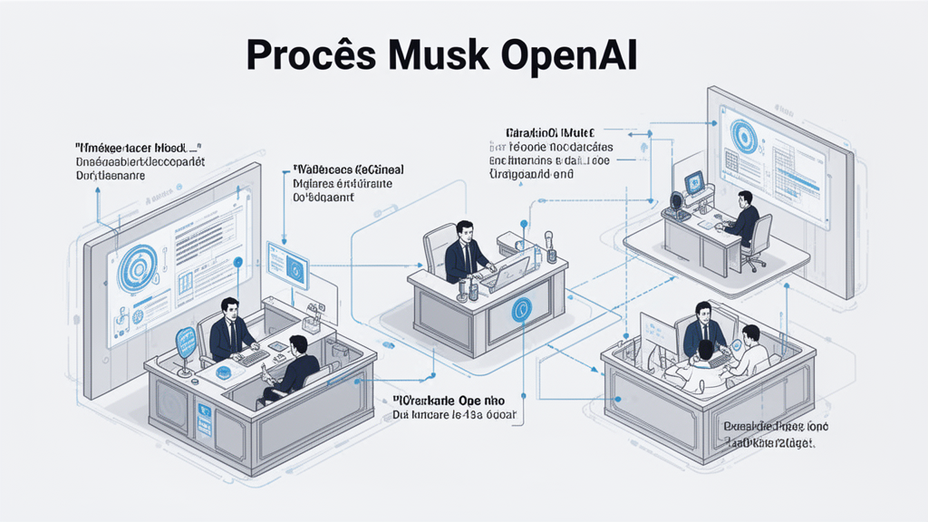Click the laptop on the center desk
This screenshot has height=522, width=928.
tap(510, 269)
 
